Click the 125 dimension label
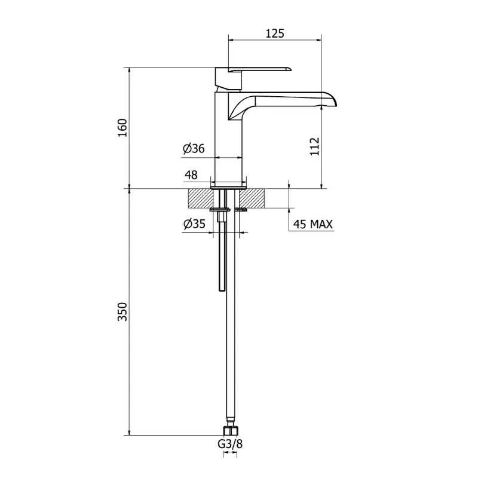275,33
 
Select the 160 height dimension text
122,128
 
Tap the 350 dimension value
122,311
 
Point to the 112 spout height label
315,146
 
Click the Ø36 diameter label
194,148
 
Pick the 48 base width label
191,174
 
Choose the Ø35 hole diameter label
194,224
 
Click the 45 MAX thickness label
312,225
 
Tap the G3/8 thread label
230,444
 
